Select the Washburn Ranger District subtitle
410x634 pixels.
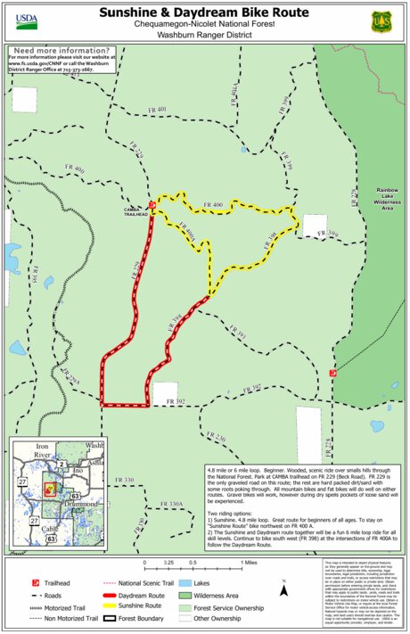[204, 38]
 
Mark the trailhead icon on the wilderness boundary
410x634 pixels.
[332, 372]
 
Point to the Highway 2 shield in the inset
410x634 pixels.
[61, 464]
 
